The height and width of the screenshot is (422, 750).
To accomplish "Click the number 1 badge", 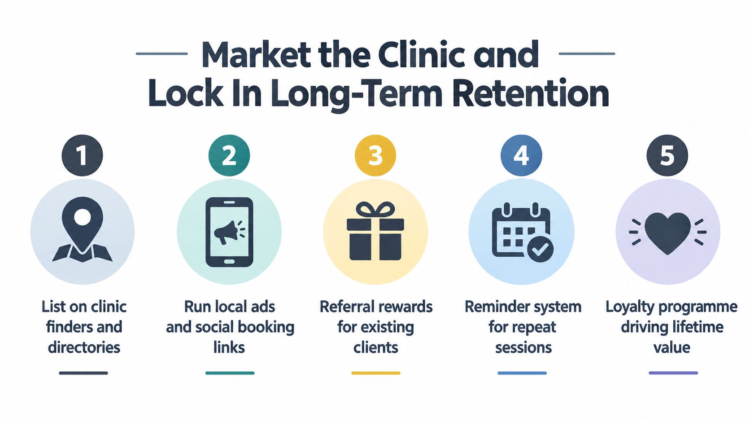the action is click(x=83, y=155).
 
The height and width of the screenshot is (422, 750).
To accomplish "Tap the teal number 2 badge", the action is click(x=229, y=155).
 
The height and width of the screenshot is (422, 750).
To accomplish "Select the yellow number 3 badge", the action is click(x=375, y=155).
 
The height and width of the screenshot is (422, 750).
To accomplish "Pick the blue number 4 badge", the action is click(x=521, y=155).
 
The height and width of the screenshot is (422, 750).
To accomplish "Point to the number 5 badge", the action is click(x=667, y=155).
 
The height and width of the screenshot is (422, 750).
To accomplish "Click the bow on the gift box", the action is click(x=375, y=210).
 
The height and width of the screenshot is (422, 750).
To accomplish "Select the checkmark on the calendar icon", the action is click(x=541, y=249).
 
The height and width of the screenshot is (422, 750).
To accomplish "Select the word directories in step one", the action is click(x=84, y=347).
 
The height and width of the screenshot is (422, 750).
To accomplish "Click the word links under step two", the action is click(x=229, y=347).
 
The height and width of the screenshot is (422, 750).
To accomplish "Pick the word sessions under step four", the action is click(x=523, y=347).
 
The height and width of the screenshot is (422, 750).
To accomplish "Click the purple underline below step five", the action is click(x=673, y=373).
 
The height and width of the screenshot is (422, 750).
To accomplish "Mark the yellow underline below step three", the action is click(x=375, y=373).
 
